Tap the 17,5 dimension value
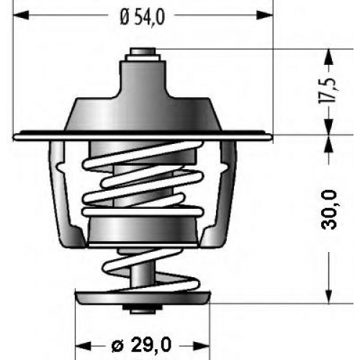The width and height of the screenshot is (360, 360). [x=329, y=90]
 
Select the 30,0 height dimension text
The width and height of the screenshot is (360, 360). [x=328, y=210]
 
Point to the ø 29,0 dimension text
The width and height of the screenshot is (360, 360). [x=142, y=345]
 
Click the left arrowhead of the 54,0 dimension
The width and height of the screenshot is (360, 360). [x=21, y=15]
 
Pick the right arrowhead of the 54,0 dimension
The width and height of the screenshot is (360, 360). [x=265, y=15]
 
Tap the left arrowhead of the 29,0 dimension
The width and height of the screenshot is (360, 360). [x=83, y=346]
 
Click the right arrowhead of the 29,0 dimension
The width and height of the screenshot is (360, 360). [x=202, y=346]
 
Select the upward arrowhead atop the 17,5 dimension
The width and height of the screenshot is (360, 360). [x=329, y=57]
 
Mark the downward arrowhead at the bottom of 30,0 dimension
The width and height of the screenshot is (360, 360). [x=329, y=296]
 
